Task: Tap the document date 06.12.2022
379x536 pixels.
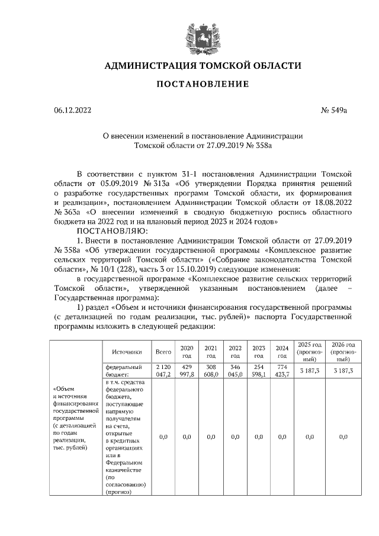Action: point(73,110)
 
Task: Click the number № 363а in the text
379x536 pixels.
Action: point(68,211)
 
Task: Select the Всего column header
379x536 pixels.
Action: point(163,352)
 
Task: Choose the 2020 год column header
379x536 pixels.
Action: point(187,352)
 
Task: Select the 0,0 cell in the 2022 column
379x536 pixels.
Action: point(235,436)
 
